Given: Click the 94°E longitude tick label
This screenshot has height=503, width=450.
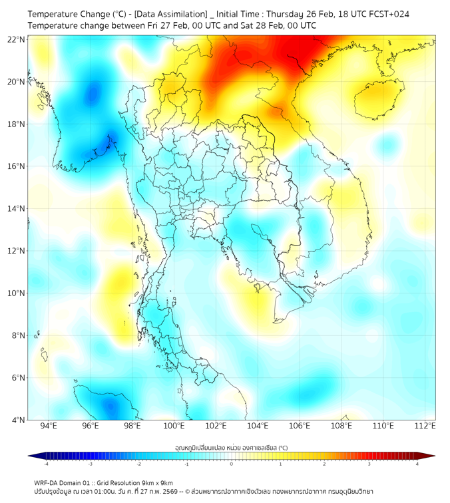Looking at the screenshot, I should pos(49,426).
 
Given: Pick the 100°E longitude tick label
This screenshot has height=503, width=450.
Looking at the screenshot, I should pos(174,426).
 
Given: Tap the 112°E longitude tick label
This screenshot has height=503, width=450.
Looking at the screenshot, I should pos(425,426).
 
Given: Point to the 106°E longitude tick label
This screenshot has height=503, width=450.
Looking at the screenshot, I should pos(300,426).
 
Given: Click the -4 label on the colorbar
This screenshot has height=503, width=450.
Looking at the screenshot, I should pos(45,465).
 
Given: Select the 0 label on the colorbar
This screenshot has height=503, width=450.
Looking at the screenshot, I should pos(232,465).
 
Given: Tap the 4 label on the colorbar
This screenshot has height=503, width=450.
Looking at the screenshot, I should pos(417,465).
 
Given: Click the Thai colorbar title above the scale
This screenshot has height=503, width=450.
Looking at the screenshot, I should pos(231,448).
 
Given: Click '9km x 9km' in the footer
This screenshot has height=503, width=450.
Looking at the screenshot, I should pos(156,482).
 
